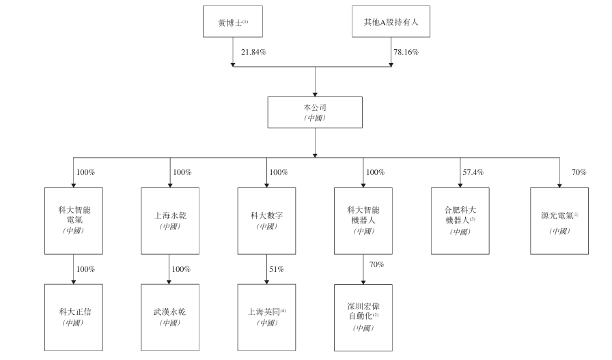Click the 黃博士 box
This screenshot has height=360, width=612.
233,21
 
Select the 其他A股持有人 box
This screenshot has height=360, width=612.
391,21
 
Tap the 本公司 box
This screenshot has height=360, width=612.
315,113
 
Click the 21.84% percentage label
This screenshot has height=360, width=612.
253,52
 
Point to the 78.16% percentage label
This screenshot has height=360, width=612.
406,52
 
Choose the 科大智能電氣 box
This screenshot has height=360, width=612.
74,221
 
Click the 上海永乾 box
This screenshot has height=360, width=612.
170,221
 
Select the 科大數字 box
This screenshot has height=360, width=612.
266,221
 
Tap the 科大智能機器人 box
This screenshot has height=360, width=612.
363,221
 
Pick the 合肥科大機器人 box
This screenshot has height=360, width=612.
460,221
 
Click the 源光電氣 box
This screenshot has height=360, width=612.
559,221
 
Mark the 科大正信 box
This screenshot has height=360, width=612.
74,318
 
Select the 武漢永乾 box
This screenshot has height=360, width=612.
170,318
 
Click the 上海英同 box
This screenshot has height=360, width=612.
266,318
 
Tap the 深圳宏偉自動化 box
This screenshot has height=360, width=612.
363,318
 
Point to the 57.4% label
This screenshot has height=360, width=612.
473,172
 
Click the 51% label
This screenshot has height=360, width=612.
277,269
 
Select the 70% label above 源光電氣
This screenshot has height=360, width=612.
579,172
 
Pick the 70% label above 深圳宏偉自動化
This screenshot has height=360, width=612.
376,264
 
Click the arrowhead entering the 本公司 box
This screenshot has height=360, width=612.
315,94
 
